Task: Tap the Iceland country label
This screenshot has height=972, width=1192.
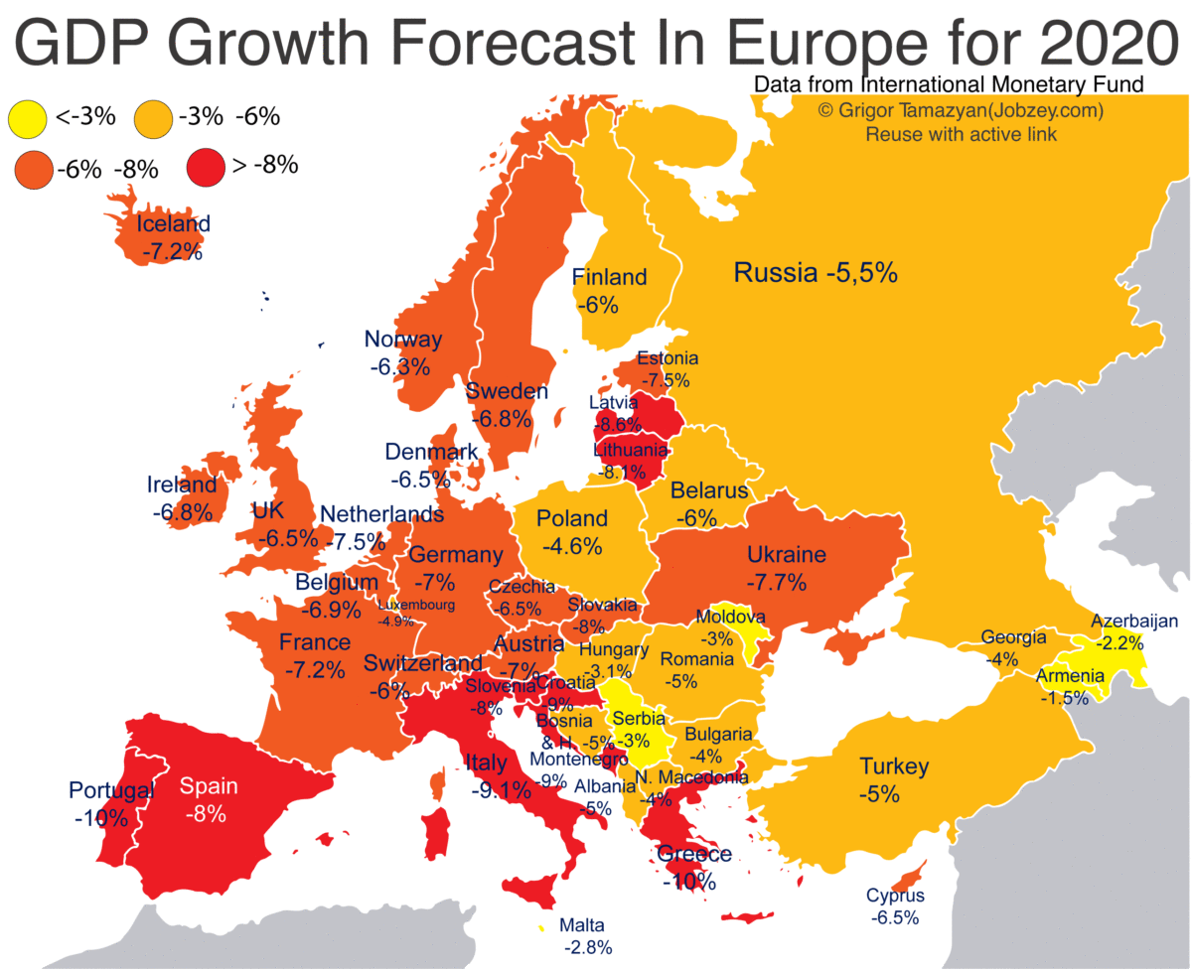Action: coord(174,223)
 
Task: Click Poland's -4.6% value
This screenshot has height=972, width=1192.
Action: coord(572,545)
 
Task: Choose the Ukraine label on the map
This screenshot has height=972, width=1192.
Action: coord(786,554)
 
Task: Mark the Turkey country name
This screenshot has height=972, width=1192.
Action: coord(894,766)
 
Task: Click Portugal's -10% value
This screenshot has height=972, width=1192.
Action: coord(99,819)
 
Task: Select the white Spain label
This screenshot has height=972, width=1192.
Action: coord(209,786)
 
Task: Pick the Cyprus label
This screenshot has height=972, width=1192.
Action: coord(894,896)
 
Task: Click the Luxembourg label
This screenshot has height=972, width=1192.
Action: coord(416,605)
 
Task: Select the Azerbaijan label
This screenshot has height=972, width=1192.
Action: coord(1133,622)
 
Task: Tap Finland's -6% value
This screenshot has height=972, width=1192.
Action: coord(601,304)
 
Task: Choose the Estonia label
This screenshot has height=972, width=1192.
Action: coord(668,358)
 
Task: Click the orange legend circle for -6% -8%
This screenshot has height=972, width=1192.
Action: coord(33,169)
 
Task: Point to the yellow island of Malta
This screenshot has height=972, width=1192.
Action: coord(541,925)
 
